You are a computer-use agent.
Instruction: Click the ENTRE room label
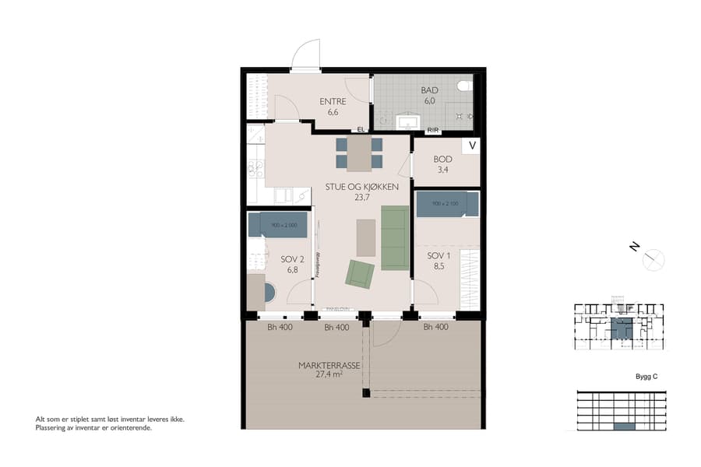point(333,101)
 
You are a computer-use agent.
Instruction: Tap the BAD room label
point(429,90)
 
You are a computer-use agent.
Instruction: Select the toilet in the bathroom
point(465,86)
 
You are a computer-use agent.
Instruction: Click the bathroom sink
point(407,121)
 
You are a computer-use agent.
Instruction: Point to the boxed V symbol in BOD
point(471,146)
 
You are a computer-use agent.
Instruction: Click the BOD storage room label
point(442,159)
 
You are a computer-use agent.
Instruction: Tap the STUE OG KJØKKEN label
point(362,187)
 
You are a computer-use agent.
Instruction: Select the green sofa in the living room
point(395,237)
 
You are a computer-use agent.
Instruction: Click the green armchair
point(360,273)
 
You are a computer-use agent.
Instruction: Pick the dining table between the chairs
point(359,153)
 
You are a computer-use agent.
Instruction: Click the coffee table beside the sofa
point(365,237)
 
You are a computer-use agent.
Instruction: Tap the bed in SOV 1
point(446,204)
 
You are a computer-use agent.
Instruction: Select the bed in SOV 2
point(277,225)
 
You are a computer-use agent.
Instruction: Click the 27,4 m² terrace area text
point(326,374)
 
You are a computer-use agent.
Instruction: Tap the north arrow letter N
point(635,248)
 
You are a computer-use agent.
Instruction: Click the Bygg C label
point(646,376)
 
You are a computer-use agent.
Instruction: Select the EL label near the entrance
point(361,129)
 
